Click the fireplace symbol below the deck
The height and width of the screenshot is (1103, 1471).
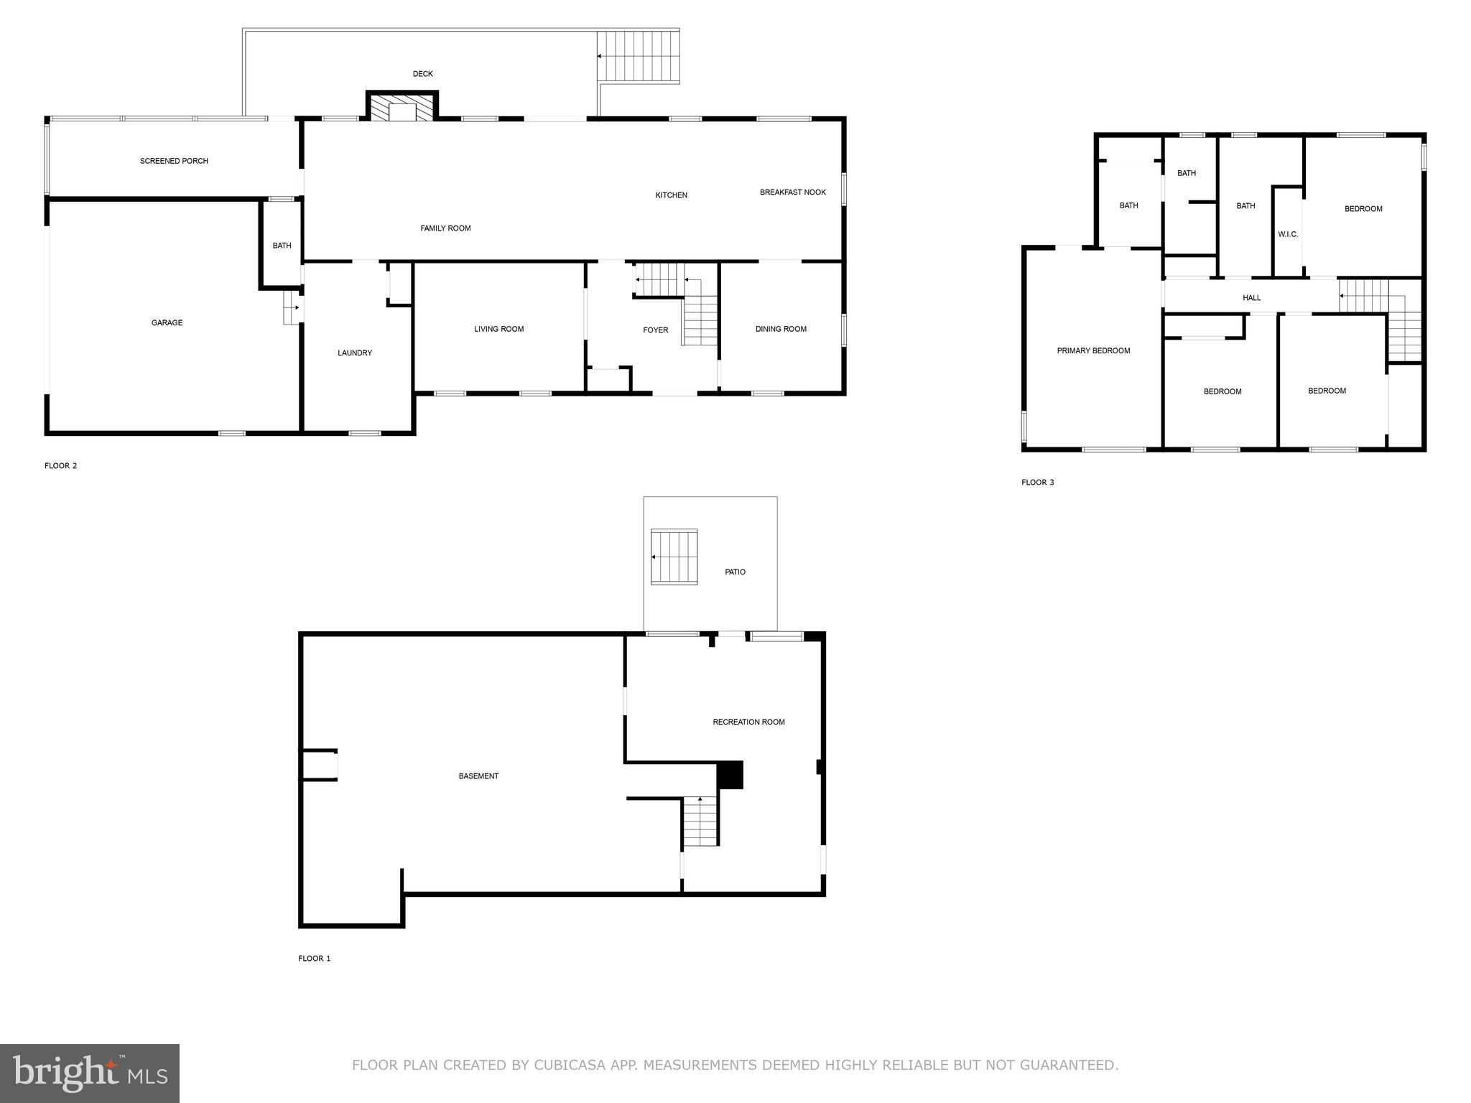[x=402, y=108]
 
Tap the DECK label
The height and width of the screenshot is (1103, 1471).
[x=422, y=74]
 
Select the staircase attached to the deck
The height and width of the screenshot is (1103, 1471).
[x=639, y=57]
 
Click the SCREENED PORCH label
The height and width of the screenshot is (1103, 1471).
[x=174, y=161]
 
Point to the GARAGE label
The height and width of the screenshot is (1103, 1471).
[x=167, y=323]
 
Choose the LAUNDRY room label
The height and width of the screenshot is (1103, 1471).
[x=355, y=353]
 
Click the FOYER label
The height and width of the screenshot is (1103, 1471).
[x=655, y=330]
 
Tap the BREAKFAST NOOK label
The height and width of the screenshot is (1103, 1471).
[x=793, y=192]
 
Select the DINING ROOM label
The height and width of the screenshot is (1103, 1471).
[x=781, y=330]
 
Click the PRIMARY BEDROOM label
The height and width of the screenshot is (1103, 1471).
[x=1093, y=351]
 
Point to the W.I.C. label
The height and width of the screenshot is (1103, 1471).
[x=1288, y=234]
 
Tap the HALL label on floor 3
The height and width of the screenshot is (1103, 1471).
[x=1251, y=298]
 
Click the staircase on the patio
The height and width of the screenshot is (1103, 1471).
[x=674, y=557]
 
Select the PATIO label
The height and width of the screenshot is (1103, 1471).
[x=735, y=572]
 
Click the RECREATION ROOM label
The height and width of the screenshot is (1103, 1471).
[x=748, y=722]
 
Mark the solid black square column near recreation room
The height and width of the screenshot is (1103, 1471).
[x=730, y=776]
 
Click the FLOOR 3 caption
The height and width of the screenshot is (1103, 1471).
[x=1037, y=483]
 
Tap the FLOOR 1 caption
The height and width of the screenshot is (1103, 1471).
[x=315, y=959]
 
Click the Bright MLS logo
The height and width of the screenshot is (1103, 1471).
[x=90, y=1074]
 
